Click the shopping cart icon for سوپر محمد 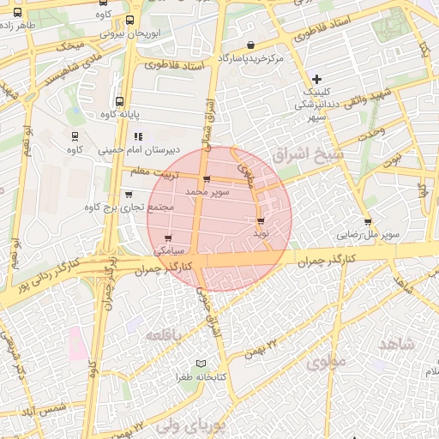coord(206,179)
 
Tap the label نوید coord(262,232)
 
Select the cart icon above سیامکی coord(167,239)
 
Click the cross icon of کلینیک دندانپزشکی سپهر coord(317,79)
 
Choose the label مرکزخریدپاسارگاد coord(250,58)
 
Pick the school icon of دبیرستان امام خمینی coord(137,136)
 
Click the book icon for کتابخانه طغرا coord(201,364)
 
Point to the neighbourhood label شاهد coord(395,344)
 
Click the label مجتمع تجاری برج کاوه coord(129,207)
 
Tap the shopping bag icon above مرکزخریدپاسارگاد coord(250,45)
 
